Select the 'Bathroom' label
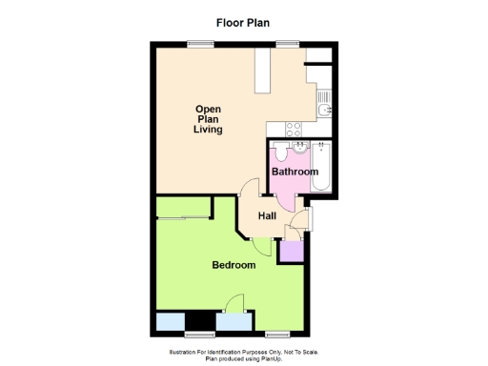(x=294, y=172)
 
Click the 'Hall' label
(x=267, y=216)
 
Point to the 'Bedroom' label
(x=234, y=265)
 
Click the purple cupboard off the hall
(x=289, y=251)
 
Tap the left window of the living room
(x=199, y=42)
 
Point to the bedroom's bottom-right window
(x=277, y=334)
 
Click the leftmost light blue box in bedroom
(x=171, y=322)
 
